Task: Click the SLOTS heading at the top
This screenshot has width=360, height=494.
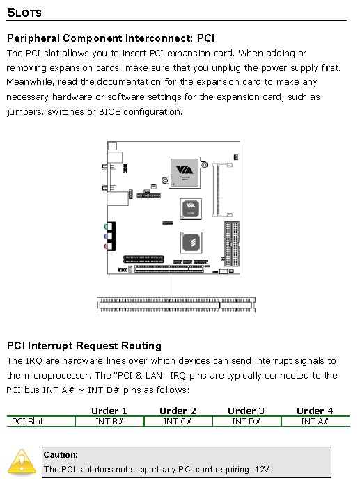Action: click(24, 13)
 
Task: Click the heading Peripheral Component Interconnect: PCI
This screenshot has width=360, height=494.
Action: click(111, 38)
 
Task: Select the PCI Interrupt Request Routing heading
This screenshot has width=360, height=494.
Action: click(84, 346)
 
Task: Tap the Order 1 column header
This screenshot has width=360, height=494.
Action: click(109, 411)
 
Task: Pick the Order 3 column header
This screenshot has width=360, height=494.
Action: click(246, 411)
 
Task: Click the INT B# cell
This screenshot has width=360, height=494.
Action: click(109, 421)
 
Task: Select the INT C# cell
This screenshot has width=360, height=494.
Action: click(178, 421)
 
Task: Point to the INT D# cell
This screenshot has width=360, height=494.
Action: click(246, 421)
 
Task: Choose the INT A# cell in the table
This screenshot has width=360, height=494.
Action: click(315, 421)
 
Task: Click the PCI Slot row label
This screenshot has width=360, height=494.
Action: click(27, 421)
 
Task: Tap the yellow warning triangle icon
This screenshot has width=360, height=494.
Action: click(22, 462)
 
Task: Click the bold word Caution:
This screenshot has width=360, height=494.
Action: click(61, 454)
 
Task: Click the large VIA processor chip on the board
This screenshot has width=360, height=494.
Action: click(185, 173)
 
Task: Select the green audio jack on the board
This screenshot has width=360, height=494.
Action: click(107, 226)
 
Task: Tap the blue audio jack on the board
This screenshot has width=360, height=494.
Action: click(107, 237)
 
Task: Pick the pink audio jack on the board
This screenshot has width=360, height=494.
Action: click(107, 246)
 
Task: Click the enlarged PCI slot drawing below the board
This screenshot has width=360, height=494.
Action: click(176, 305)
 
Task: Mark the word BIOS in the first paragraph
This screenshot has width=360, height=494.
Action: click(110, 112)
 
